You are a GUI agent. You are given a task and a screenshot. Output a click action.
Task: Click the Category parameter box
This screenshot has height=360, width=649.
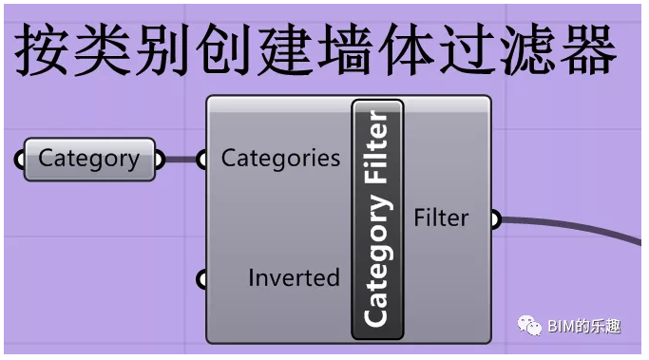pos(88,159)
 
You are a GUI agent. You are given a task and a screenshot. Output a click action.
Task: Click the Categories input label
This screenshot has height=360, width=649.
pos(280,158)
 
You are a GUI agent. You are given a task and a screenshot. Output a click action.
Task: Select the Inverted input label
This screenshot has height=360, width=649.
pos(294,278)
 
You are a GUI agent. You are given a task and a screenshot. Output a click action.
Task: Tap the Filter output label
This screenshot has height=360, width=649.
pos(441,218)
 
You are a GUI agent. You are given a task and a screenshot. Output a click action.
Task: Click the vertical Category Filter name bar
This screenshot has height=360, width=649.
pos(377,218)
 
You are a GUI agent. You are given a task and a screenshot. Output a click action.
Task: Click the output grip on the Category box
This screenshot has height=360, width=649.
pos(159,160)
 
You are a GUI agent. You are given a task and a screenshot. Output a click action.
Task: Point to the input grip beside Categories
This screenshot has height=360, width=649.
pos(201,160)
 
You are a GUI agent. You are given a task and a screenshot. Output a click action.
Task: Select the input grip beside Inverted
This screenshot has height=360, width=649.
pos(201,279)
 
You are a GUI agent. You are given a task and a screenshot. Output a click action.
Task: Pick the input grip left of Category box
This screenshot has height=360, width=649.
pos(20,160)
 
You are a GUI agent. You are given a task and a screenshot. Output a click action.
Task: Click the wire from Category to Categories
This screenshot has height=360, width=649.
pos(180,160)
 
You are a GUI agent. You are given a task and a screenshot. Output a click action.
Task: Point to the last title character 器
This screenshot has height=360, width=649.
pos(584,49)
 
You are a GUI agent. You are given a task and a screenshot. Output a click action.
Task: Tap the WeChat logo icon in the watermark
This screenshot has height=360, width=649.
pos(529,326)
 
